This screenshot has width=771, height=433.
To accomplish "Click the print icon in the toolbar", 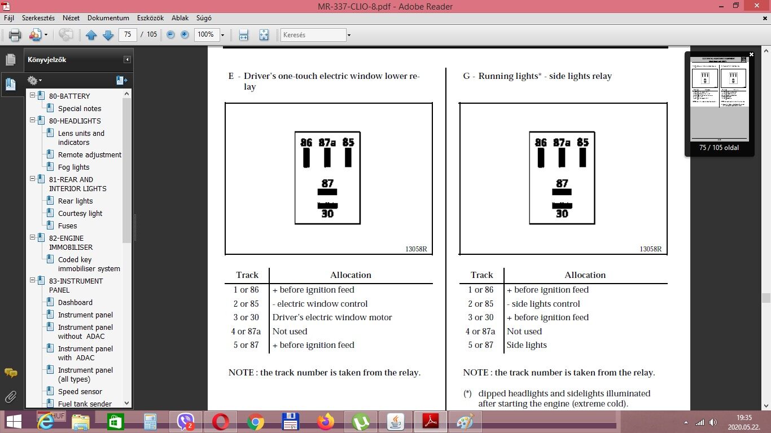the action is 15,35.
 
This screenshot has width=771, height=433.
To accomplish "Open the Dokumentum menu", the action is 108,18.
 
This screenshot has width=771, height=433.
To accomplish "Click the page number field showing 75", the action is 128,34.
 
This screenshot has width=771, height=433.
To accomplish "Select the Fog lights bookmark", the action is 74,167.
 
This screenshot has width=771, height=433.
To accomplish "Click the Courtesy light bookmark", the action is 80,213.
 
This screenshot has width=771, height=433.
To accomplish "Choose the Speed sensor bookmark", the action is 80,391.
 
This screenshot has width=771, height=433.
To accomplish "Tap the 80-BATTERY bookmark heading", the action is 69,96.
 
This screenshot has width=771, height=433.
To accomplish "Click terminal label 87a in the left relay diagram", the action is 327,143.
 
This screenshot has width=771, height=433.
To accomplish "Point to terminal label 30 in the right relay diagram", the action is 562,214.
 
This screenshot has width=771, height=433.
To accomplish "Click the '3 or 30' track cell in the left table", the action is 246,317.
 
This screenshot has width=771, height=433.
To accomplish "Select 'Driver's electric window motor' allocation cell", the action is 332,317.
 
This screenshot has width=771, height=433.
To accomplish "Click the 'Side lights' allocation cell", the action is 527,344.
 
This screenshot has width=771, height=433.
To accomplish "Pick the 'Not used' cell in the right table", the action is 524,331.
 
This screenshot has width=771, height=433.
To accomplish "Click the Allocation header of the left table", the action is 351,275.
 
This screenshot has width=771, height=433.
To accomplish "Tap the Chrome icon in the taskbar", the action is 255,422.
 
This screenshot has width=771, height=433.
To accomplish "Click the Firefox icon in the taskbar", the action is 325,422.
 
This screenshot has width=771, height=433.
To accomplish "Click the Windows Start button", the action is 14,422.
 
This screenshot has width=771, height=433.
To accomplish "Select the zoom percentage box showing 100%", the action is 206,34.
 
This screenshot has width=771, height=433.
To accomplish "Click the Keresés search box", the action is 313,35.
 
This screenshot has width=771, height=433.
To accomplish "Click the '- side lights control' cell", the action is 544,304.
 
